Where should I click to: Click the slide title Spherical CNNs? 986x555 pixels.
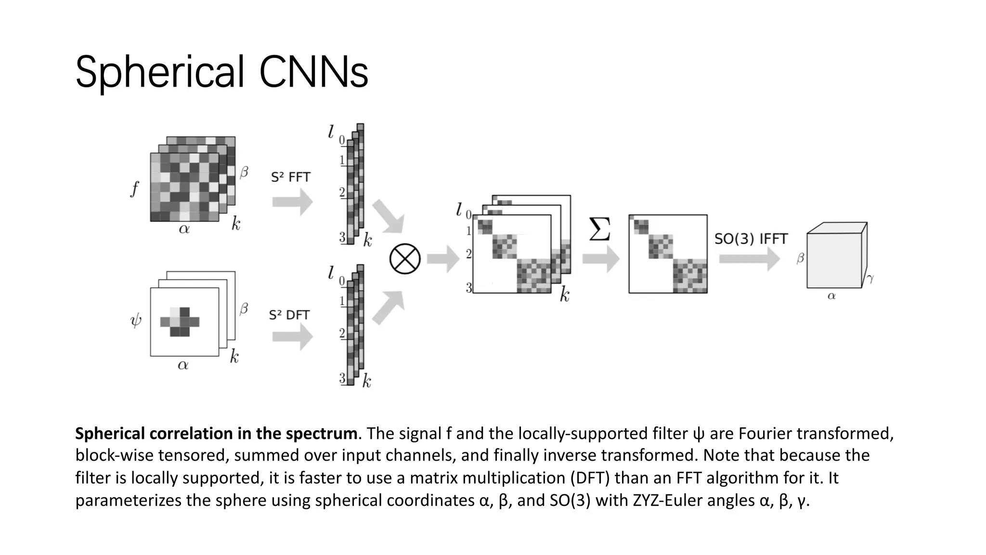(221, 72)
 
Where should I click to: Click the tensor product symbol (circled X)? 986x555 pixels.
(404, 259)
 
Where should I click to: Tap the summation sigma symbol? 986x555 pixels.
(600, 229)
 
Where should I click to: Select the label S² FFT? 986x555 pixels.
(290, 177)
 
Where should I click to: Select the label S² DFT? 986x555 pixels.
(289, 315)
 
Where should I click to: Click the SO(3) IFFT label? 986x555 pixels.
(751, 239)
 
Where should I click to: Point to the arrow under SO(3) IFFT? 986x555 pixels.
(749, 259)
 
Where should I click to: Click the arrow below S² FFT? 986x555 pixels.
(292, 202)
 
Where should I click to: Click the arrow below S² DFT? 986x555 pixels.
(292, 336)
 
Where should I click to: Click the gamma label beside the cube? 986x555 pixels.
(870, 278)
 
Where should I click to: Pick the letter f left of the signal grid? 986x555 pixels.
(134, 188)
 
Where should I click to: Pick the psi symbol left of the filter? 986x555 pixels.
(136, 320)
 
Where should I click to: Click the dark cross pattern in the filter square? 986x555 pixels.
(180, 321)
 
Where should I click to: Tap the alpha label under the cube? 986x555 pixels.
(831, 296)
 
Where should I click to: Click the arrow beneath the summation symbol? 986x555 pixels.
(600, 259)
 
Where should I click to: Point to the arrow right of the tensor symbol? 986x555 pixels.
(443, 259)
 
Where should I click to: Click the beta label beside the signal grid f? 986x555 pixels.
(244, 172)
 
